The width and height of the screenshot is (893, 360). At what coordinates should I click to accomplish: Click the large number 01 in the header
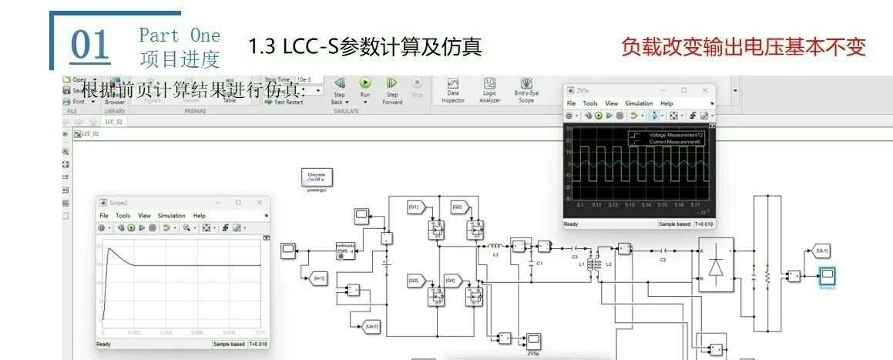[x=91, y=45]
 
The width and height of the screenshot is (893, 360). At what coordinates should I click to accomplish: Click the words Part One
[x=179, y=35]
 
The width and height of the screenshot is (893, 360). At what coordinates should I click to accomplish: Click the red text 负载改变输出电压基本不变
[x=744, y=46]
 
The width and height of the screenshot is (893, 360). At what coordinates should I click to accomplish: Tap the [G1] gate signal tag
[x=414, y=207]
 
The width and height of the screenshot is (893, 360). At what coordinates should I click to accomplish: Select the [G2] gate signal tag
[x=458, y=207]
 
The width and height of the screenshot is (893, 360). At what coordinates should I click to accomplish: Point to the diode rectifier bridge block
[x=716, y=264]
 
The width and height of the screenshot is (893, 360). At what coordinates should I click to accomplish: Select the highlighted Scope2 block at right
[x=827, y=274]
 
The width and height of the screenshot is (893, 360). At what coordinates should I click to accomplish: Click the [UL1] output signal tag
[x=821, y=251]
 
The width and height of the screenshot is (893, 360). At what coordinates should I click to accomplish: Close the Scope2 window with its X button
[x=257, y=203]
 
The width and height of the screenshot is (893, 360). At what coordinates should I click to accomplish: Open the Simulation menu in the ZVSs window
[x=640, y=103]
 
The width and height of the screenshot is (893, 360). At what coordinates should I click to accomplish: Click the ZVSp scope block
[x=532, y=340]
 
